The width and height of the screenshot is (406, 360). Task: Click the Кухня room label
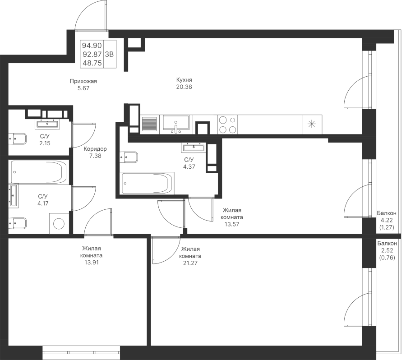point(184,79)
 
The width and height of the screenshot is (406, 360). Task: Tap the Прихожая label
point(83,81)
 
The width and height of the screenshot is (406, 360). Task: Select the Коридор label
point(95,149)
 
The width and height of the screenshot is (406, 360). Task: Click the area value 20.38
point(184,87)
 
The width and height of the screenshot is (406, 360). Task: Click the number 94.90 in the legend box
point(92,46)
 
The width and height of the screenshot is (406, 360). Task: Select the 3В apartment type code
point(110,55)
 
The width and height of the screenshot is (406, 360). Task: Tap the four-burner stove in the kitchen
point(228,125)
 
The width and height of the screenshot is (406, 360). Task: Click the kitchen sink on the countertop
point(176,125)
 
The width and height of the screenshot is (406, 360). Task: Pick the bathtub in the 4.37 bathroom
point(147,183)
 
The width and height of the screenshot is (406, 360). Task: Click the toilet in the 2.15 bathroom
point(18,139)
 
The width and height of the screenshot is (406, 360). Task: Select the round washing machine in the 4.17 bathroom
point(59,223)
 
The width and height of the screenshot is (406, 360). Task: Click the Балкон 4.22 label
point(386,217)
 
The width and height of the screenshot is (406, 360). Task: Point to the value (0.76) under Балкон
point(387,258)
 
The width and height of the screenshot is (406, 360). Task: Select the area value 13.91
point(92,263)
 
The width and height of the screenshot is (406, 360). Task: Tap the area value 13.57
point(232,224)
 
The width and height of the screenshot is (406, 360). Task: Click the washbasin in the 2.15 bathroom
point(47,124)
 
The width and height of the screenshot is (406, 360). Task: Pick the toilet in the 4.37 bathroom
point(129,157)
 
